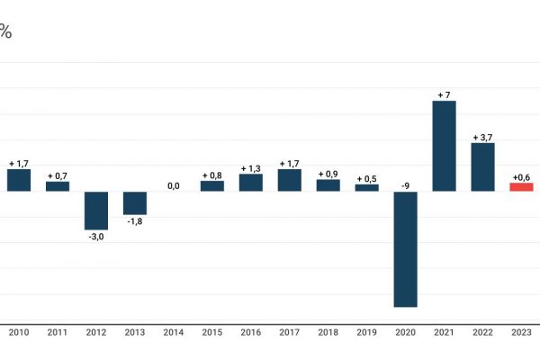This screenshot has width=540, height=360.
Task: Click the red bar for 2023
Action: (521, 187)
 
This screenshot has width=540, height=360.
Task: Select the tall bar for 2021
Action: (444, 146)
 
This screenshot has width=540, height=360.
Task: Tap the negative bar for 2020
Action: (405, 249)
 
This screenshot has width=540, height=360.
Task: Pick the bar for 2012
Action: (96, 211)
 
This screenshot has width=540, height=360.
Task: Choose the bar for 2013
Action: (135, 203)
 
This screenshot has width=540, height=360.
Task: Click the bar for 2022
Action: (482, 167)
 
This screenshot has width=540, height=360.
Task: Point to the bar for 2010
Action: (19, 180)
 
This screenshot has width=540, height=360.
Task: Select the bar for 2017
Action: (289, 180)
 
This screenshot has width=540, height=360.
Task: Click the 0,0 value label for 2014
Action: (174, 186)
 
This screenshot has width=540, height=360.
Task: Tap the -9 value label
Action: (405, 185)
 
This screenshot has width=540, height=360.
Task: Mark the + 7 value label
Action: (444, 94)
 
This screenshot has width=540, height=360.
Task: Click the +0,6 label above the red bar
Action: (521, 177)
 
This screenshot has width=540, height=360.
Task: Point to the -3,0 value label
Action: (96, 236)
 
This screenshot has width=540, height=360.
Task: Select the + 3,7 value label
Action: (482, 137)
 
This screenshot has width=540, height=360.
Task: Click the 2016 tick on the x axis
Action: (250, 333)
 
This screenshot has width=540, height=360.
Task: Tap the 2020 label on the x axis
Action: (405, 333)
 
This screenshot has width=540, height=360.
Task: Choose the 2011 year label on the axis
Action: (58, 333)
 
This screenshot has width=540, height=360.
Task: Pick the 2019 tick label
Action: (366, 333)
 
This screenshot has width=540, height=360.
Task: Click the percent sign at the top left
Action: (4, 32)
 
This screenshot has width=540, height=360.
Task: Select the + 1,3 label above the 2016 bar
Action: (250, 168)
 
